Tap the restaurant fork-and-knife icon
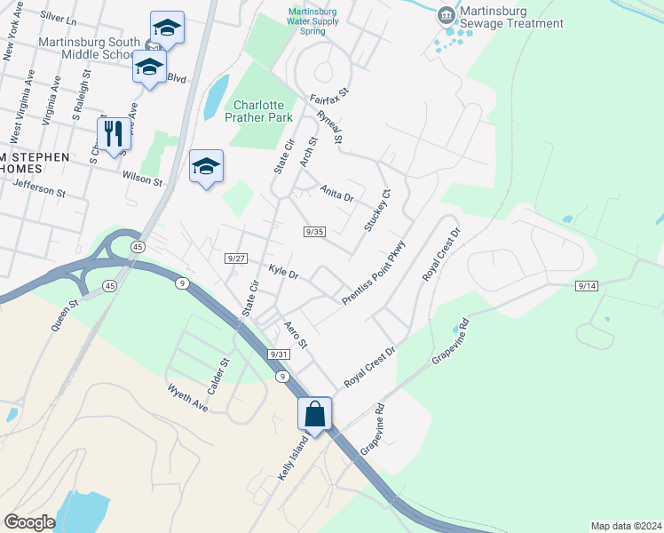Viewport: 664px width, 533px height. tap(114, 133)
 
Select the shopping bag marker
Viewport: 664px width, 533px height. tap(314, 413)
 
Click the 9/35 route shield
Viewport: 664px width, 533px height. tap(314, 231)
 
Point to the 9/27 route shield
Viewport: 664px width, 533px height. tap(235, 258)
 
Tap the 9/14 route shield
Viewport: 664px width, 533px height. tap(587, 285)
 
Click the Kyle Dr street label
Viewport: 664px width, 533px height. tap(283, 271)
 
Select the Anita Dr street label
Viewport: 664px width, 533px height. tap(337, 193)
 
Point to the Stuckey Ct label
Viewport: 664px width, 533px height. tap(375, 211)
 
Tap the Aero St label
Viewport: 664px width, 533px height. tap(295, 333)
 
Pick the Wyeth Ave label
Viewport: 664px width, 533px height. tap(187, 397)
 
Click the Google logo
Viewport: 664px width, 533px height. tap(29, 521)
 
